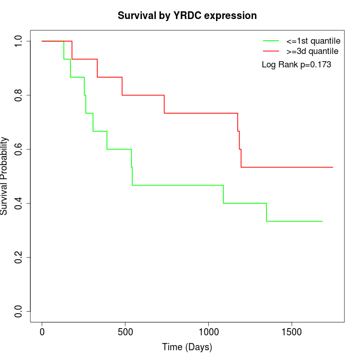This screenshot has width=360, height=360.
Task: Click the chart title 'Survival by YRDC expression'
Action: pos(187,15)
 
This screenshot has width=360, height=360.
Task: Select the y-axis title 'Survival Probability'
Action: pos(5,176)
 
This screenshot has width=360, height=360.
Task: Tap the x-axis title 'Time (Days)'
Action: pos(187,348)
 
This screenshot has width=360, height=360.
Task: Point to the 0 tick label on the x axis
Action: pos(42,332)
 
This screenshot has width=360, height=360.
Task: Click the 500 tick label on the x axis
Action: pos(125,332)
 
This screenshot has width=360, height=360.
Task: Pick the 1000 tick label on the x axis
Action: pos(208,332)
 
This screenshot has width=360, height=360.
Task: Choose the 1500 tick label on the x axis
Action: pos(292,332)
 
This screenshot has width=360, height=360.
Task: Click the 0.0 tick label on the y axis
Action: pos(19,311)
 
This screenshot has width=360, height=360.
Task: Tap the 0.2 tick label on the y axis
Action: pos(19,257)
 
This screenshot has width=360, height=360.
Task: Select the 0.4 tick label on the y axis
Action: pos(19,203)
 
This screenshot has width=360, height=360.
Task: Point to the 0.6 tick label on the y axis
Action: pos(19,149)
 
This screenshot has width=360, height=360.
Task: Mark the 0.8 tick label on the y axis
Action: pos(19,95)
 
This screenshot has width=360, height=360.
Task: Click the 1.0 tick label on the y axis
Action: pos(19,41)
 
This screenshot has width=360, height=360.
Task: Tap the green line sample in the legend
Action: pos(271,41)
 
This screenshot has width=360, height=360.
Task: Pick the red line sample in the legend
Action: pos(271,51)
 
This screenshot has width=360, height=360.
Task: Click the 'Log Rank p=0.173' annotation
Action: pos(296,65)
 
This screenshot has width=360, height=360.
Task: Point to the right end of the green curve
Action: pos(322,221)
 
